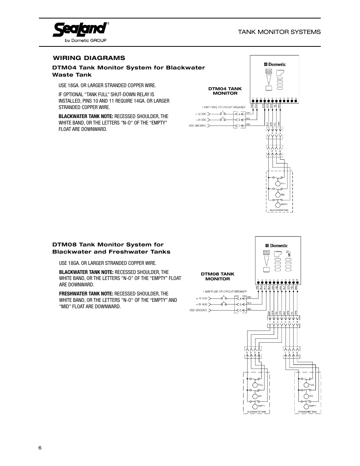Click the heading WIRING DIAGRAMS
tap(89, 58)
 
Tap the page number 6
tap(40, 448)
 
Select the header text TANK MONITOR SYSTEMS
tap(279, 32)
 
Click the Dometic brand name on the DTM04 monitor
tap(277, 65)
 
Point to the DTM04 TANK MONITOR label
tap(225, 91)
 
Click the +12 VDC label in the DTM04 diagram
tap(201, 114)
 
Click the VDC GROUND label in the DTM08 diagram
tap(198, 310)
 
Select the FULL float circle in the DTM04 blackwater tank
tap(278, 184)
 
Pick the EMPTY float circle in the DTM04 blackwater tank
tap(278, 205)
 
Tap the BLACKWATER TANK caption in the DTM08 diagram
tap(257, 412)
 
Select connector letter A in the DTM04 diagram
tap(238, 114)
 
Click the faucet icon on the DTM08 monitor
tap(289, 256)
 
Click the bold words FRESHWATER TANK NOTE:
tap(86, 294)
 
